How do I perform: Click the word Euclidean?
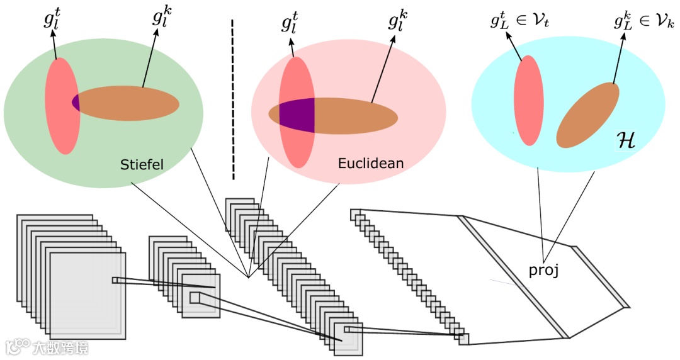[x=370, y=164]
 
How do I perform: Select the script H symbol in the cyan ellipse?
[x=626, y=141]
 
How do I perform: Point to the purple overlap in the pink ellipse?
[x=297, y=116]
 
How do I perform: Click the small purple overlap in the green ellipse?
[x=76, y=102]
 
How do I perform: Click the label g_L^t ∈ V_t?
[x=519, y=21]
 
